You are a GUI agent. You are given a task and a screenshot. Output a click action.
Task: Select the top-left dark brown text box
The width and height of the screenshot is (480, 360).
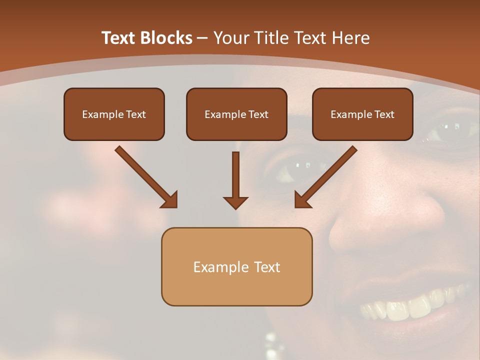tap(114, 114)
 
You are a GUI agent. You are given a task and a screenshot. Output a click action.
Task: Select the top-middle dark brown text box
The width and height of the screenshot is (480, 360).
tap(236, 114)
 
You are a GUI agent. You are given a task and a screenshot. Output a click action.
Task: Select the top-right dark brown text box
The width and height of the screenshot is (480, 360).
tap(362, 114)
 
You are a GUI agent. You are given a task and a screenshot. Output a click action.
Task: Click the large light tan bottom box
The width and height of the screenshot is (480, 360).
tap(236, 266)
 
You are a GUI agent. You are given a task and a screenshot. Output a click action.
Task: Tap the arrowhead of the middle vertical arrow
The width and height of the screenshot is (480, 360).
tap(235, 202)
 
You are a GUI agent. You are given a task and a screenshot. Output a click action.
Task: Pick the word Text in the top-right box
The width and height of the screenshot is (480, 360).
tap(384, 114)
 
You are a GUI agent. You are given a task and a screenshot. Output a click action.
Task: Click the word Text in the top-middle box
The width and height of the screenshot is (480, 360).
tap(258, 114)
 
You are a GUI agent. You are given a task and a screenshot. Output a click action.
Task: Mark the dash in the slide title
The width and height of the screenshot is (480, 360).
tap(202, 38)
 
